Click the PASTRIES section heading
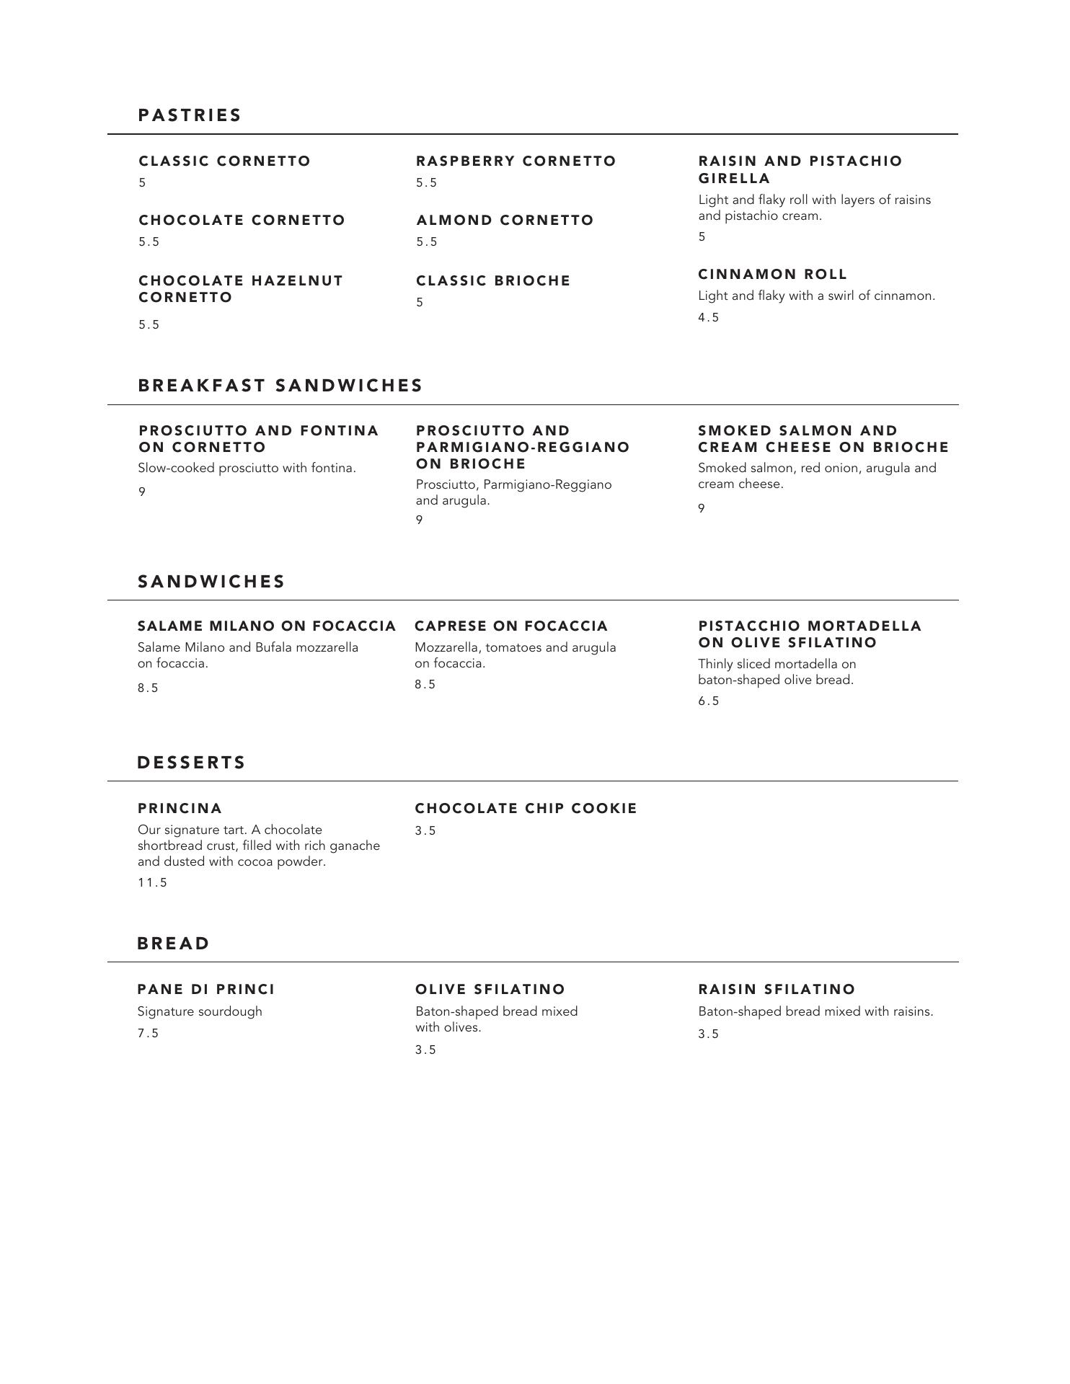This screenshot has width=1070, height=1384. [190, 115]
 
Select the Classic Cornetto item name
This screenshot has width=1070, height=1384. [224, 161]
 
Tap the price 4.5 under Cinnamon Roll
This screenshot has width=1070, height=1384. [708, 318]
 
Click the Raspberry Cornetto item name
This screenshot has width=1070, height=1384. [516, 161]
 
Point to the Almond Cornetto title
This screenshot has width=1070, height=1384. [505, 220]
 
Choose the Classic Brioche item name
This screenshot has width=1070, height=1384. [493, 280]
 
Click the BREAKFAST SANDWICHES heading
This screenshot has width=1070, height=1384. [280, 386]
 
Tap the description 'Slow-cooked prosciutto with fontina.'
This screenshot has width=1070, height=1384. [247, 469]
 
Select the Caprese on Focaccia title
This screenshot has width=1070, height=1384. [511, 626]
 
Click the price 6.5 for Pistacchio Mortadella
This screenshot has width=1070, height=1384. [708, 701]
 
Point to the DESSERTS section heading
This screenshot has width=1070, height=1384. [192, 763]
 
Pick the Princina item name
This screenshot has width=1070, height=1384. [180, 808]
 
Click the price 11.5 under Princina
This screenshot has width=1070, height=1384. [152, 883]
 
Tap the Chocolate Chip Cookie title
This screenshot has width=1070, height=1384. [526, 808]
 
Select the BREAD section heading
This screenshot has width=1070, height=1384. [174, 944]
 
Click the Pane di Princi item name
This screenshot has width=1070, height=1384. [206, 989]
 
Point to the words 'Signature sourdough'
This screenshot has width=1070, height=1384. [200, 1011]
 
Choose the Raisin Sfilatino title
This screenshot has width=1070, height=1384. [777, 989]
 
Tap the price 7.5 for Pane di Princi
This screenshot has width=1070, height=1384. [148, 1034]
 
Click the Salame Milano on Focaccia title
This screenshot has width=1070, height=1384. [267, 626]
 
